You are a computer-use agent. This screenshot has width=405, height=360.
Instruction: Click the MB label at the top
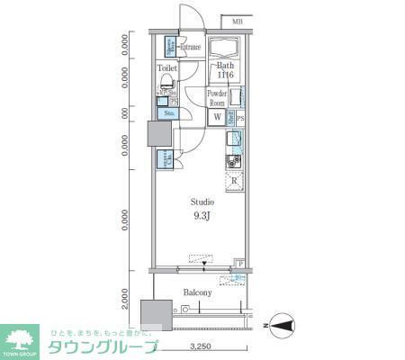click(x=237, y=22)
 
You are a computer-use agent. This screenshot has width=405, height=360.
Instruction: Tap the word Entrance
click(x=189, y=47)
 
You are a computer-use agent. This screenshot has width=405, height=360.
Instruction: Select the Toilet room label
click(x=167, y=68)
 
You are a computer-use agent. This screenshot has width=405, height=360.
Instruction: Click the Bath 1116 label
click(x=225, y=71)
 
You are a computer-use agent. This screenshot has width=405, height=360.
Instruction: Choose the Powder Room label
click(x=217, y=98)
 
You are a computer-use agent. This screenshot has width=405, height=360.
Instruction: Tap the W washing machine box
click(x=217, y=116)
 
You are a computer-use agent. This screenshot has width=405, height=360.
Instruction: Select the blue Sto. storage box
click(x=169, y=113)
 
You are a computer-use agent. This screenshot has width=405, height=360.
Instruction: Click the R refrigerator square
click(x=234, y=181)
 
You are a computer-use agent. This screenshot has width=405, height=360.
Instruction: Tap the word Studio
click(x=201, y=202)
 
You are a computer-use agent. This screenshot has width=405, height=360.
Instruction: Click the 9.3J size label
click(x=201, y=217)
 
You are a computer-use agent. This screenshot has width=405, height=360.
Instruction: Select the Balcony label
click(x=197, y=292)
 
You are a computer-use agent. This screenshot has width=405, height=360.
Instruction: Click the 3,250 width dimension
click(x=201, y=346)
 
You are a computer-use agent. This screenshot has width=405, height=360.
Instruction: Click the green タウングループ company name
click(x=103, y=346)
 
